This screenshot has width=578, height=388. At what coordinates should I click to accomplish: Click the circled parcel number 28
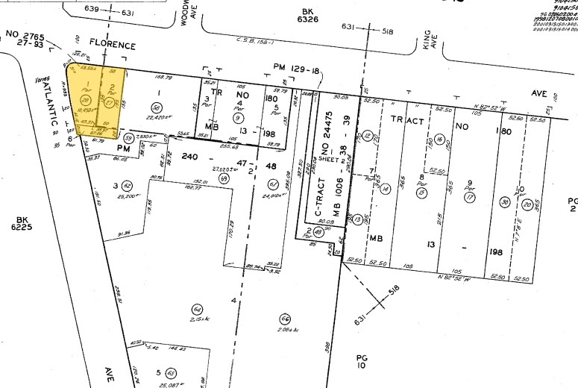tap(85, 100)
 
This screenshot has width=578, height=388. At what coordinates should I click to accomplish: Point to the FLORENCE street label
tap(112, 46)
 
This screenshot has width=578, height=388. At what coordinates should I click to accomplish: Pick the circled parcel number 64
tap(198, 310)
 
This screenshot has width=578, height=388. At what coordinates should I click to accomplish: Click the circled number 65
tap(171, 372)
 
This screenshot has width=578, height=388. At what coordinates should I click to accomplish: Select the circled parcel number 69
tap(222, 179)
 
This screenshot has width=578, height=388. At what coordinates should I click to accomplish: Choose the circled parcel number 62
tap(128, 186)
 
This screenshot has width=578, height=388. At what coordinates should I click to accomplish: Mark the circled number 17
tap(469, 198)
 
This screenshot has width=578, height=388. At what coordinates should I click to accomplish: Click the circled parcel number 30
tap(504, 201)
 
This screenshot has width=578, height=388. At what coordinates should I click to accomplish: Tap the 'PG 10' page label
tap(362, 361)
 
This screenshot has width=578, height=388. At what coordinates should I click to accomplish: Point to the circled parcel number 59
tap(128, 137)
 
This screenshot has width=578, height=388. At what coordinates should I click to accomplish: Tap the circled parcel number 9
tap(238, 117)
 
